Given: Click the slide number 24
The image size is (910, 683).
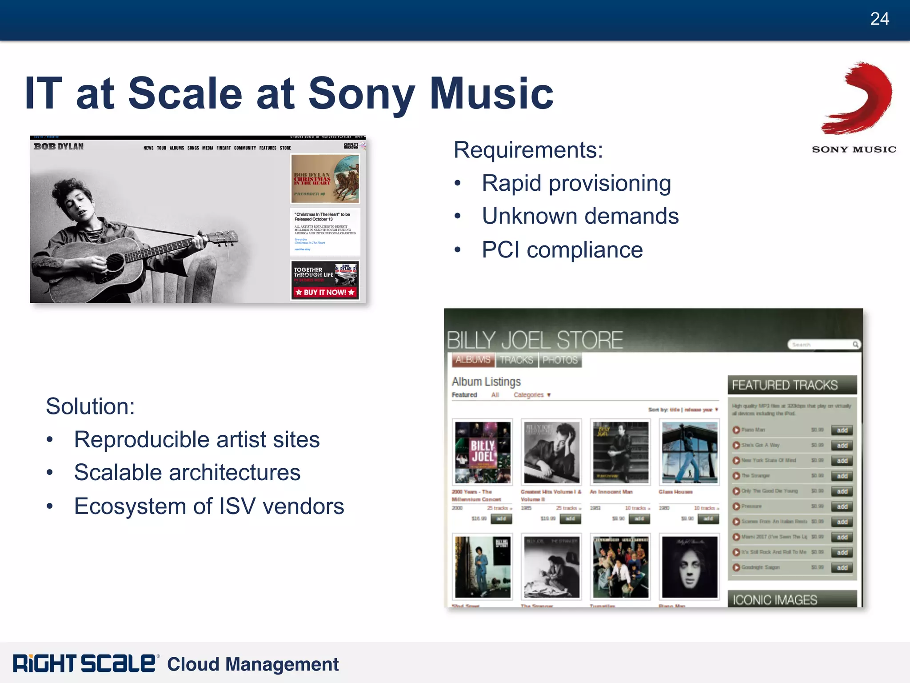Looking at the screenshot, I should tap(879, 19).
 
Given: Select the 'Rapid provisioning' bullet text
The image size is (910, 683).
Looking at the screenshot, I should tap(576, 183).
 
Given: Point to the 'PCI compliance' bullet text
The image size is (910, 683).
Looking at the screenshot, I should tap(562, 250).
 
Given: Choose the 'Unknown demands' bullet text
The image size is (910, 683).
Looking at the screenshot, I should tap(580, 217).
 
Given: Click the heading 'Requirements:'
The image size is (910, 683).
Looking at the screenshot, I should tap(528, 150).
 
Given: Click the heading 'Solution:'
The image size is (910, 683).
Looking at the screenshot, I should tap(90, 406).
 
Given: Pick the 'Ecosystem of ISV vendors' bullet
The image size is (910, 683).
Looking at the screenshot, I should tap(209, 506).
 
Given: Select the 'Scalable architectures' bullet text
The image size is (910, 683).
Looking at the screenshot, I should tap(187, 473).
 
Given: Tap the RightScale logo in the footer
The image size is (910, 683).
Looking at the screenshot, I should tap(84, 663).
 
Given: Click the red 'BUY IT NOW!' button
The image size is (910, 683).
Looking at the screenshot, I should tap(325, 292).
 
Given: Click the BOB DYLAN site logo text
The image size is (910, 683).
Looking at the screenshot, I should tap(59, 147).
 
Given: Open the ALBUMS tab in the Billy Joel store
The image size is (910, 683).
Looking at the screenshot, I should tap(473, 360).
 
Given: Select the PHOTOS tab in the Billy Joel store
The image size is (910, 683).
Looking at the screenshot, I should tap(560, 360).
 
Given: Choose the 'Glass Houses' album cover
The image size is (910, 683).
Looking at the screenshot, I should tap(689, 452).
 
